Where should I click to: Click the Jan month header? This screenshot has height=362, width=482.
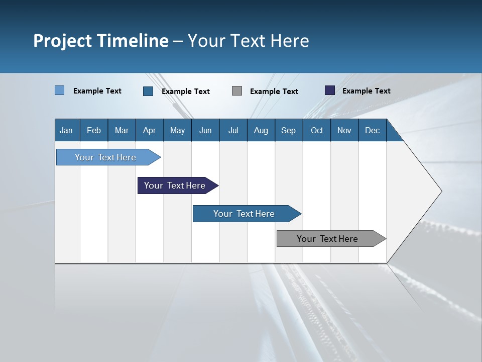click(67, 130)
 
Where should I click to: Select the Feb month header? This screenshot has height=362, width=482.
click(94, 130)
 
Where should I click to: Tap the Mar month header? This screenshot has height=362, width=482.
click(122, 130)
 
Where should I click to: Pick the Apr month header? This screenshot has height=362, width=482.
click(150, 130)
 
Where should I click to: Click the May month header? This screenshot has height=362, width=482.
click(177, 130)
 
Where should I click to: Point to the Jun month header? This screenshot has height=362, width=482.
click(205, 130)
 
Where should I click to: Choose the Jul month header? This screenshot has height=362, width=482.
click(233, 130)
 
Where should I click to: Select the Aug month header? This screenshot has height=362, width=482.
click(261, 130)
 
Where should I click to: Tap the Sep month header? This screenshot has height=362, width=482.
click(289, 130)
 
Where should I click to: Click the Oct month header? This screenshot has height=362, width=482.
click(317, 130)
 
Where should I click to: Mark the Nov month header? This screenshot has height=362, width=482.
click(344, 130)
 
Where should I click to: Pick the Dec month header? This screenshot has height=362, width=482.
click(373, 130)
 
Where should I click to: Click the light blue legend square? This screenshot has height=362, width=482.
click(59, 90)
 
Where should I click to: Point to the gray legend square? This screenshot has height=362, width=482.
click(237, 91)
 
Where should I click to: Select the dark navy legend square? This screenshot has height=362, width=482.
click(330, 90)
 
